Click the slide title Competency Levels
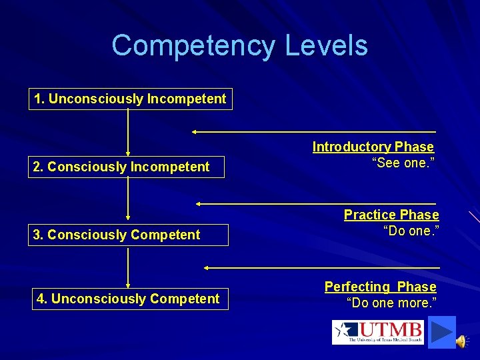click(239, 46)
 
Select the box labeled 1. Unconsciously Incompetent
click(131, 99)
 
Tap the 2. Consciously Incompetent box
click(126, 167)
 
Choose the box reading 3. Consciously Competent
click(127, 235)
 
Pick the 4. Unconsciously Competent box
click(130, 299)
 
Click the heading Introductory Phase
click(373, 147)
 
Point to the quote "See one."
click(403, 163)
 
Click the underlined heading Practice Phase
click(391, 215)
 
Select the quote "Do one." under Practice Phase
click(411, 231)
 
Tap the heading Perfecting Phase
click(380, 287)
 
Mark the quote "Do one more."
click(391, 303)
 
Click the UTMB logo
click(378, 331)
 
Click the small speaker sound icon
click(461, 341)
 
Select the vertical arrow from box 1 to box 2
click(128, 133)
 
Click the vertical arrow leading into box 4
click(128, 267)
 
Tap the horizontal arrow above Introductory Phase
click(313, 132)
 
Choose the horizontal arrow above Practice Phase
click(316, 203)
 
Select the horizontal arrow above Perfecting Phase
click(321, 267)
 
